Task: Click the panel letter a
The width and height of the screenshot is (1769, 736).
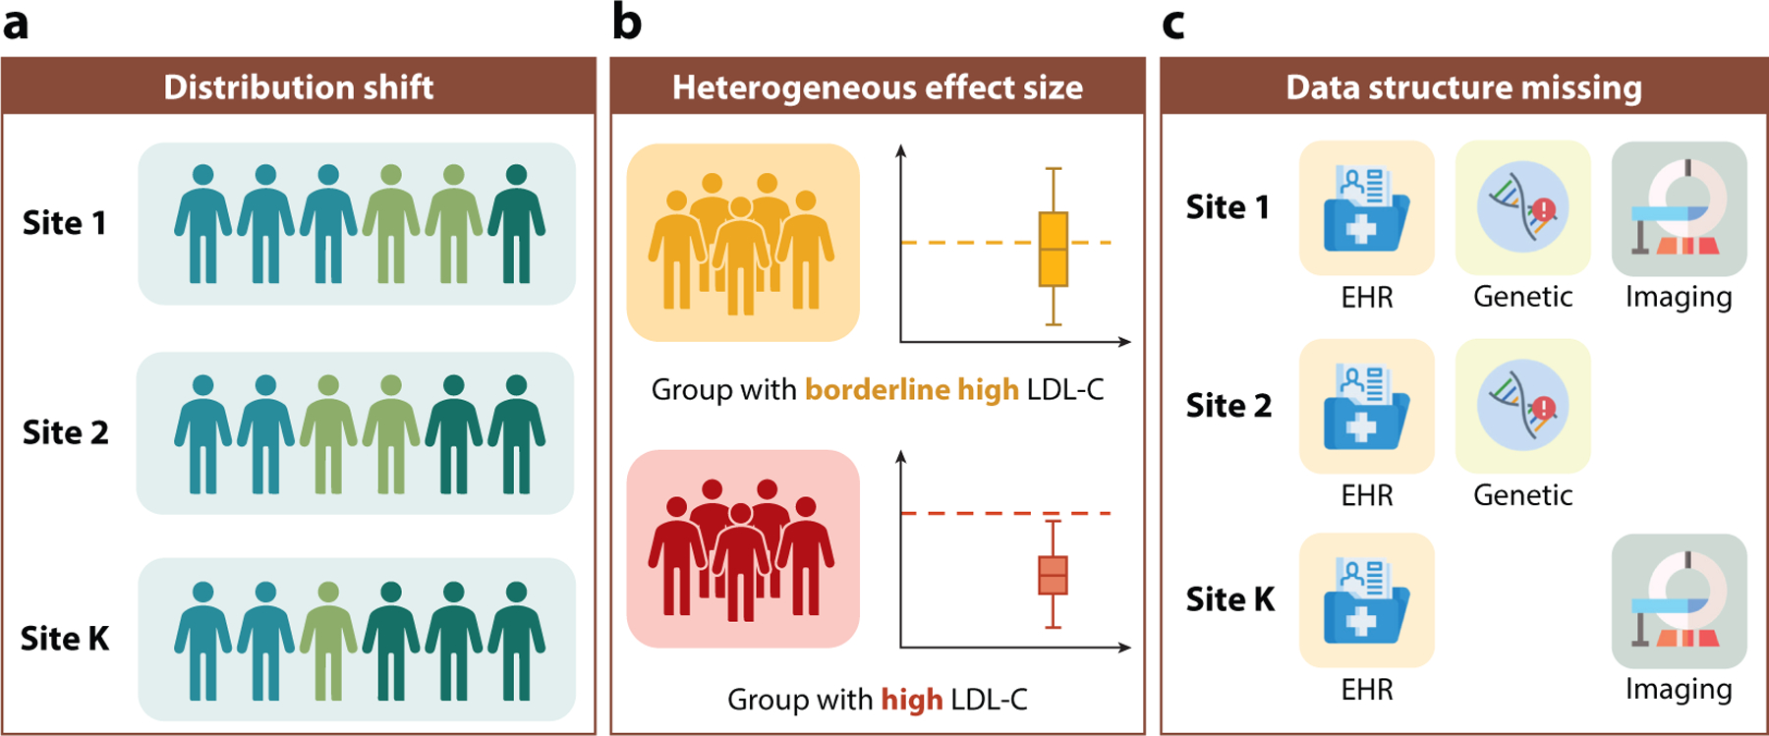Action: pos(15,23)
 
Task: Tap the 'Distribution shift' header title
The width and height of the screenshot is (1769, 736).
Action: pos(299,87)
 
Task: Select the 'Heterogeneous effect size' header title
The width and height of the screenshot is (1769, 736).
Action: pos(878,87)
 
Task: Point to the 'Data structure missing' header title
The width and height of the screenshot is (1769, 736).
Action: pos(1464,87)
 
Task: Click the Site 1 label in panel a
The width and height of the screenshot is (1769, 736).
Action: pos(64,223)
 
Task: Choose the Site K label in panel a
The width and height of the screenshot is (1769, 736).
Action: pos(65,639)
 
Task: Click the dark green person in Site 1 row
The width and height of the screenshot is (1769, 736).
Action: pos(517,224)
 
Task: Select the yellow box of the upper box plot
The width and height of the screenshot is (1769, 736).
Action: pos(1054,250)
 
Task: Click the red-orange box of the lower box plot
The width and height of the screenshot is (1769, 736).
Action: pos(1054,576)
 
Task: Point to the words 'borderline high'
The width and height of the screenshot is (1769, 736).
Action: pos(912,390)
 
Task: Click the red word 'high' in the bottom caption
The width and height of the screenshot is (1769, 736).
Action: pos(912,700)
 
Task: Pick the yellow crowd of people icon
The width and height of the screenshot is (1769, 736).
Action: pos(741,244)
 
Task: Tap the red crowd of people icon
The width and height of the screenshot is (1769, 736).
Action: pos(741,549)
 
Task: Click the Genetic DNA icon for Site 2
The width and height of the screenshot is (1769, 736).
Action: pos(1522,406)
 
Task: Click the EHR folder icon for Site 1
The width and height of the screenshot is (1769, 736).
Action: pos(1367,208)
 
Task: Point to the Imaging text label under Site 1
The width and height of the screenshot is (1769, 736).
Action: pos(1679,298)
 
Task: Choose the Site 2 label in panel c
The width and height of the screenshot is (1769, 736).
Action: pos(1228,406)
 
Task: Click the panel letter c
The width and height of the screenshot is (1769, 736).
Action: pos(1173,25)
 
